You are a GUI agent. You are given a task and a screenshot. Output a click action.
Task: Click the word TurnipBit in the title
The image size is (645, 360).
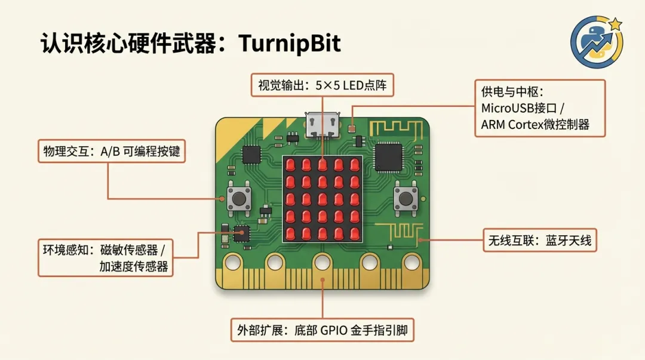coord(290,44)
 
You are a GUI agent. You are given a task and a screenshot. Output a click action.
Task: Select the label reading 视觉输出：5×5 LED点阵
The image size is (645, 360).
coord(322,85)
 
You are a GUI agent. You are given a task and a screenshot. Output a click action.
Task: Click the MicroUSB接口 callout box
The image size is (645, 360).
coord(539,109)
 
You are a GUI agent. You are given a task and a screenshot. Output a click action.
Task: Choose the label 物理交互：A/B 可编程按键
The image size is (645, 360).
coord(111,152)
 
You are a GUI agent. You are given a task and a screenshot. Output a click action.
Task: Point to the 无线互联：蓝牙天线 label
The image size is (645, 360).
coord(539,241)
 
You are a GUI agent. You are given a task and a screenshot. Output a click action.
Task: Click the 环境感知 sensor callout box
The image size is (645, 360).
coord(106,257)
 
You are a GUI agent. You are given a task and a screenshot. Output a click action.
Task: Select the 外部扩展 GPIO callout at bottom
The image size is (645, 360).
coord(322,330)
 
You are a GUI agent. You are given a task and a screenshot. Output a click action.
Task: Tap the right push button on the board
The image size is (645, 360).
coord(406,198)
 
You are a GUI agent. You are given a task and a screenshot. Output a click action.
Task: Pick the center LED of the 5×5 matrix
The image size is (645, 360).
coord(322,198)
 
